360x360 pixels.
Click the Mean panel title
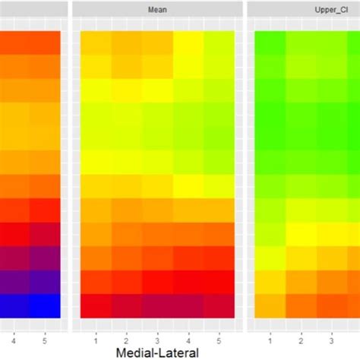[x=157, y=11]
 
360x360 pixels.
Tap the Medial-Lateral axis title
[x=158, y=352]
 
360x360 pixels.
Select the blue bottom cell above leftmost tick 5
[x=46, y=305]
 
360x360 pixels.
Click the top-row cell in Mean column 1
[x=96, y=43]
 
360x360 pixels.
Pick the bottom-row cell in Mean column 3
[x=157, y=305]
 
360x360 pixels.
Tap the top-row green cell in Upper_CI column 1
[x=270, y=43]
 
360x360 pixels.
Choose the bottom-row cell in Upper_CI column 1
[x=270, y=305]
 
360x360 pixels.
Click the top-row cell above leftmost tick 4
[x=14, y=43]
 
